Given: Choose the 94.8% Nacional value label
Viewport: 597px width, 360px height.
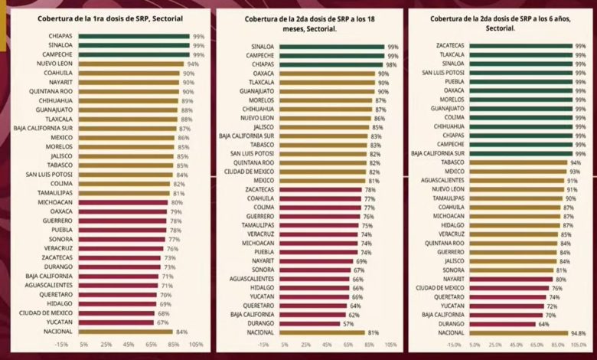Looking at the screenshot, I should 579,333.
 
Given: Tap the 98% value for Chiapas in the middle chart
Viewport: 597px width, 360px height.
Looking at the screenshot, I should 392,64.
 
